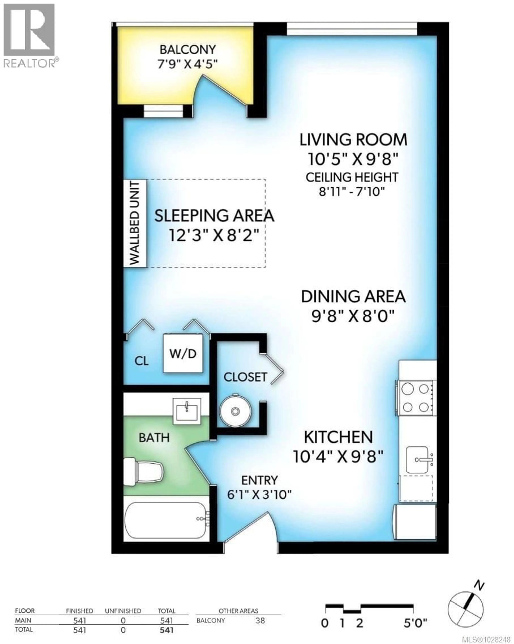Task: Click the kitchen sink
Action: (419, 460)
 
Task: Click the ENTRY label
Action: (259, 480)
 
